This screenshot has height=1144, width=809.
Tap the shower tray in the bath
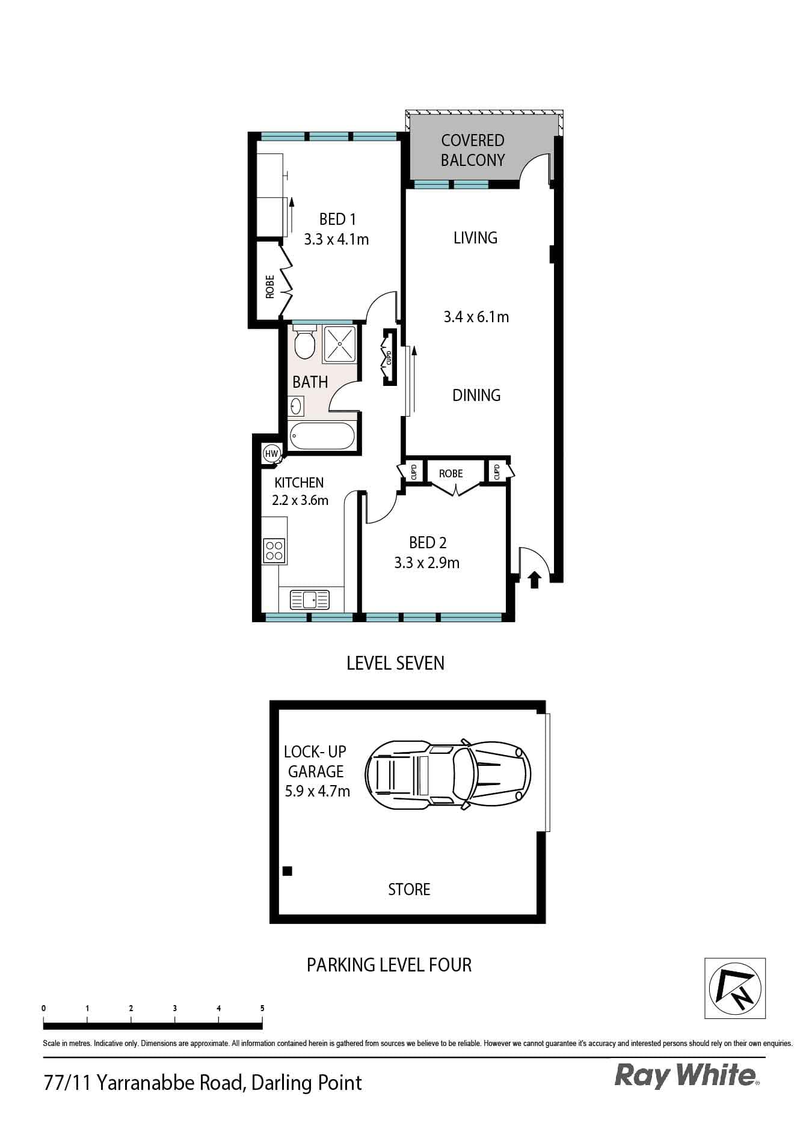point(339,344)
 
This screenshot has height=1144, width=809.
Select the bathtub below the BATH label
point(322,436)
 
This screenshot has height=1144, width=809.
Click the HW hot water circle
point(272,453)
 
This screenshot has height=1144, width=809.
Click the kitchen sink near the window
point(310,599)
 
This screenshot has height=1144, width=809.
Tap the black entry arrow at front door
point(535,580)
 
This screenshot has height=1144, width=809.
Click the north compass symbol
point(735,988)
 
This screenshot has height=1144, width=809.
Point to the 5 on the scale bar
point(262,1008)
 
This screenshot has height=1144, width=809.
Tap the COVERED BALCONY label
point(473,150)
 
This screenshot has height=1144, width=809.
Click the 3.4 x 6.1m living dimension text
point(476,317)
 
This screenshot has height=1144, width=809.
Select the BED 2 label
point(428,543)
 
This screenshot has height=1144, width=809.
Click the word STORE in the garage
point(409,889)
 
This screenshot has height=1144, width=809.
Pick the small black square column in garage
point(288,870)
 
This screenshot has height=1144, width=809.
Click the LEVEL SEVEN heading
point(395,663)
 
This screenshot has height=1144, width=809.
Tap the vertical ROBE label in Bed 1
point(270,286)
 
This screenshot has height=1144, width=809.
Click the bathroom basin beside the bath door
point(295,406)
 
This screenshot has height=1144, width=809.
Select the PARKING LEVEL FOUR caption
point(389,965)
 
